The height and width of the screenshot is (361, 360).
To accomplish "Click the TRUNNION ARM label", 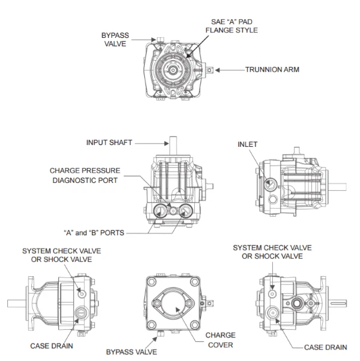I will [x=272, y=70].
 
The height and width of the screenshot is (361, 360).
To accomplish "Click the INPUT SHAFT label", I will [x=109, y=143].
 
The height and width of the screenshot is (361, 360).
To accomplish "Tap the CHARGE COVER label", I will [x=220, y=340].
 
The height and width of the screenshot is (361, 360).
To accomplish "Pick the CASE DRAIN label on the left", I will [x=52, y=346].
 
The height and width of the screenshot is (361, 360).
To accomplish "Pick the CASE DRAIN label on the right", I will [x=325, y=347].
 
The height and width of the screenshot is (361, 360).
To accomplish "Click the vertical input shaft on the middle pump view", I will [x=172, y=145].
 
